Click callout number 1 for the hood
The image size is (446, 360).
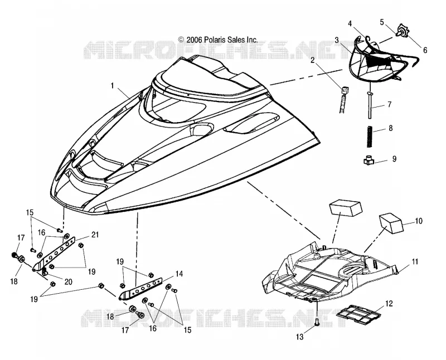pos(113,85)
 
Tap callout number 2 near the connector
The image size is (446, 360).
pos(313,60)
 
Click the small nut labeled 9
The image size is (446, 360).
pos(368,161)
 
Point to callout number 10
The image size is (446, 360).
pos(419,221)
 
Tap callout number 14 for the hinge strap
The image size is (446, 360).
pos(179,274)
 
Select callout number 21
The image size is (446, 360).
pos(95,235)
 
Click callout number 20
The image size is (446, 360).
pos(68,281)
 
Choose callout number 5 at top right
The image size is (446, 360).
pos(382,22)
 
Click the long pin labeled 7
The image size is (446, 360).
pos(370,104)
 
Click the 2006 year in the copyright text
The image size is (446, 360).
pos(194,40)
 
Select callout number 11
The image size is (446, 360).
pos(415,261)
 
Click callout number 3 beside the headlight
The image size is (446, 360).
pos(337,40)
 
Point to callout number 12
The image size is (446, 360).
pos(389,303)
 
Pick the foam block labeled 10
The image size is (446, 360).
pos(391,223)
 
